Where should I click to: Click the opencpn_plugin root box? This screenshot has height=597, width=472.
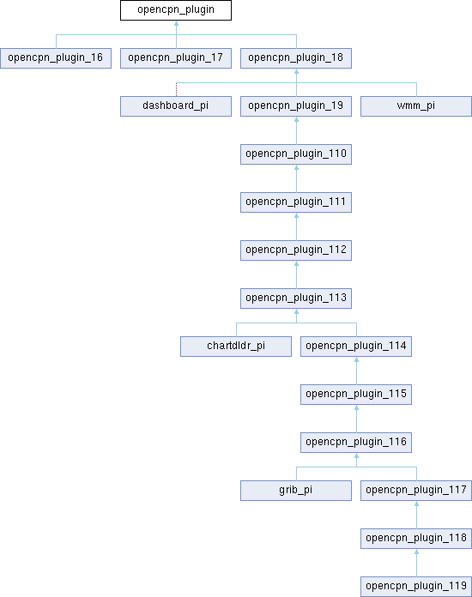[176, 10]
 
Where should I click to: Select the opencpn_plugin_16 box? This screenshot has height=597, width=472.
[56, 58]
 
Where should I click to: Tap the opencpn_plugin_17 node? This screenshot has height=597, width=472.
[176, 58]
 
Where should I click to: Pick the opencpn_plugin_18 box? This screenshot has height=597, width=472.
[296, 58]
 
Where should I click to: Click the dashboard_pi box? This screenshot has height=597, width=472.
[176, 106]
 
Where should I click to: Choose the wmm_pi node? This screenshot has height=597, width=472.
[416, 106]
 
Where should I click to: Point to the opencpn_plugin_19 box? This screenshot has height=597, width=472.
[296, 106]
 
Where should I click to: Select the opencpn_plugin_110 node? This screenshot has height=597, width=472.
[296, 154]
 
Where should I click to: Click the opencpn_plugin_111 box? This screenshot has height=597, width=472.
[296, 202]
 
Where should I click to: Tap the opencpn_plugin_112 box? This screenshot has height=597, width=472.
[296, 250]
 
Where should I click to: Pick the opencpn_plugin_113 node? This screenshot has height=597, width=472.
[296, 298]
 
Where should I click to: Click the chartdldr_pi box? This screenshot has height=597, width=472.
[236, 347]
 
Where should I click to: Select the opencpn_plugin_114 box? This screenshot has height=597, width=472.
[356, 347]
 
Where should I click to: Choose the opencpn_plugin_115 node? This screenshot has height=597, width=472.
[356, 395]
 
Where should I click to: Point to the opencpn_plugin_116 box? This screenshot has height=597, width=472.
[356, 443]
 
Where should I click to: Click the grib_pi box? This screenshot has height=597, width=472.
[296, 491]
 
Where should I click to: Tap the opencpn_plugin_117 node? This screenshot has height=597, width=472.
[416, 491]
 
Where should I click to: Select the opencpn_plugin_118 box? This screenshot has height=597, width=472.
[416, 539]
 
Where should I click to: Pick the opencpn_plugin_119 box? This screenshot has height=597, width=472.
[416, 587]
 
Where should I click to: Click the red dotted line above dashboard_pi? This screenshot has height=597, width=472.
[177, 89]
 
